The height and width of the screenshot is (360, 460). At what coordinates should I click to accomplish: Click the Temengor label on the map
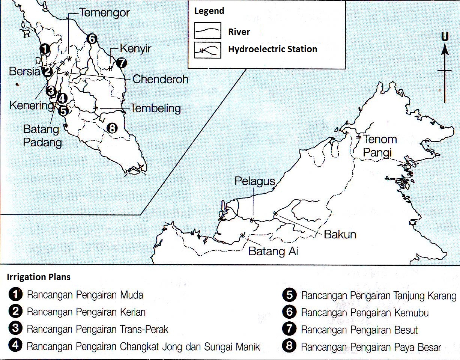pos(105,13)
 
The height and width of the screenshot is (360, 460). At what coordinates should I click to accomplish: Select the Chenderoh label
pos(160,79)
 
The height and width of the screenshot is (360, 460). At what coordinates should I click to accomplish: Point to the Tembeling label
pos(155,108)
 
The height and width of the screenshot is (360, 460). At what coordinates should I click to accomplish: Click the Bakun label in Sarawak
pos(340,235)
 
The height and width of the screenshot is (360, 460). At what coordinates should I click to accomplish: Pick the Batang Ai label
pos(273,251)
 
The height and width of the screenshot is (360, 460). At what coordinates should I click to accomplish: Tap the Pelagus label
pos(255,181)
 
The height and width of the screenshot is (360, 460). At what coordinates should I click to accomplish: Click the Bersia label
pos(25,71)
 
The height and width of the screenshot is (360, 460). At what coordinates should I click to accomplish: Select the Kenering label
pos(32,105)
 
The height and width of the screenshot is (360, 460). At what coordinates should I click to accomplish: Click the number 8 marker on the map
pos(112,128)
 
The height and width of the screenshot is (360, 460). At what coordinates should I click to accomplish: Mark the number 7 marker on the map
pos(121,63)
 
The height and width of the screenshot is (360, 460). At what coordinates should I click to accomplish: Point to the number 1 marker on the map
pos(45,48)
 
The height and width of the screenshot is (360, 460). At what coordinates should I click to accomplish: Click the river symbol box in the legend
pos(207,31)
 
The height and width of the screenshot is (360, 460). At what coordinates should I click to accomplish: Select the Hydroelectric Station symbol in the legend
pos(207,50)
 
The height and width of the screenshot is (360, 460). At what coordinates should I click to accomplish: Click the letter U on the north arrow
pos(445,37)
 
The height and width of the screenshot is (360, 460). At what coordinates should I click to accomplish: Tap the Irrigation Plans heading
pos(39,277)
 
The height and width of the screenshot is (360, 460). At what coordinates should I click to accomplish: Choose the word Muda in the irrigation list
pos(131,295)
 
